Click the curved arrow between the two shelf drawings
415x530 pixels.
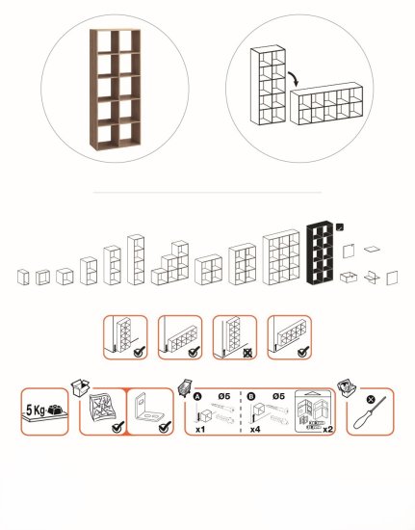click(x=295, y=78)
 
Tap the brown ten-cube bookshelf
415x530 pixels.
click(x=116, y=90)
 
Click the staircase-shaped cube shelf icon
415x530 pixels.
click(x=169, y=263)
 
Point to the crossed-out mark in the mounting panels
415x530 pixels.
click(x=247, y=354)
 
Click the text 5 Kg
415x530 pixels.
click(x=35, y=411)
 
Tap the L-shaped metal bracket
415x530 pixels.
click(x=147, y=409)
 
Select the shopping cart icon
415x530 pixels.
click(x=185, y=388)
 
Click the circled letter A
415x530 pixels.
click(x=198, y=396)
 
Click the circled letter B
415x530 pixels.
click(x=251, y=396)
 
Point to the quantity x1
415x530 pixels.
click(x=200, y=429)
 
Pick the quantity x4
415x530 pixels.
click(x=255, y=429)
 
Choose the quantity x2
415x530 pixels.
click(x=327, y=429)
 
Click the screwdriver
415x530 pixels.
click(x=370, y=413)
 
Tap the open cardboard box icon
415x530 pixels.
click(x=80, y=387)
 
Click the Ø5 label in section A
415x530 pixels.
click(x=224, y=396)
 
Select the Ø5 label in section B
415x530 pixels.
click(x=278, y=396)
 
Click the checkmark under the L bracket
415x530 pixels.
click(x=165, y=427)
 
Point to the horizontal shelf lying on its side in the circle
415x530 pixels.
click(x=326, y=104)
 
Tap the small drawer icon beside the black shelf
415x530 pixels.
click(x=349, y=277)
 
